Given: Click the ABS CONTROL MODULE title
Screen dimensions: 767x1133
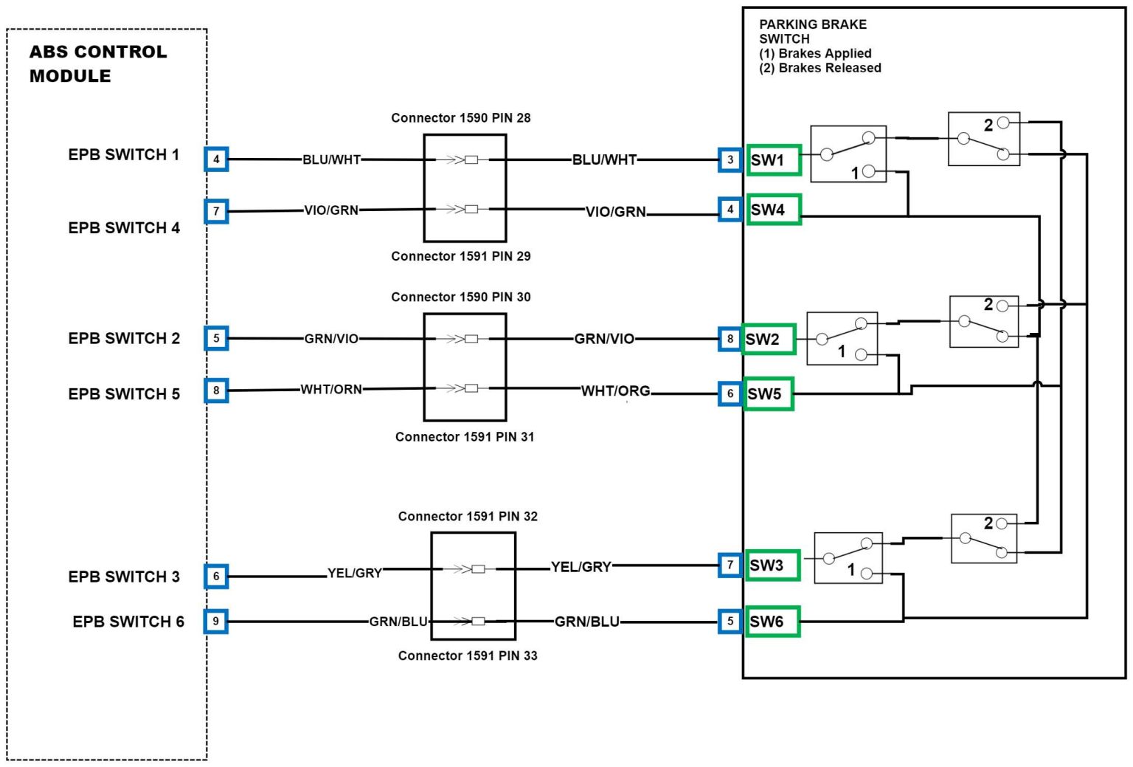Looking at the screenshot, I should click(x=98, y=63).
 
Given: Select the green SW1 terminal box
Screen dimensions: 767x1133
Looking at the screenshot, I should click(x=774, y=160).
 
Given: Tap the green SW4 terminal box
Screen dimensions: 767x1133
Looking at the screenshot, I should click(x=774, y=210).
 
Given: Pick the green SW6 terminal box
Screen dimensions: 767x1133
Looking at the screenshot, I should click(x=772, y=622).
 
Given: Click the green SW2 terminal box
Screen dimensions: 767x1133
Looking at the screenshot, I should click(x=769, y=339).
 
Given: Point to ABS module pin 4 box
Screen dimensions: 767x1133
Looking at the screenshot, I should click(x=216, y=159).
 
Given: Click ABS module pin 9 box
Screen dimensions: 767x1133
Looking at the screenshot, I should click(x=216, y=621).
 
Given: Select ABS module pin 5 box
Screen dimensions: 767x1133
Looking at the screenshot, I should click(x=216, y=338).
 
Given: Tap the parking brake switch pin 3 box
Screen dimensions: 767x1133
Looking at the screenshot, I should click(x=730, y=159).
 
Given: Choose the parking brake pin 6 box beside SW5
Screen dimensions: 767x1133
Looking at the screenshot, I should click(x=730, y=393).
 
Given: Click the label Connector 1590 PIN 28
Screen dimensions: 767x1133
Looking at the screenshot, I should click(x=460, y=118).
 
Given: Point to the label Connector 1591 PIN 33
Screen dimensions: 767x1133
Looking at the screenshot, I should click(x=468, y=656).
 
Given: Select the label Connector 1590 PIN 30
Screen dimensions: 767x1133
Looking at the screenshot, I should click(x=460, y=297).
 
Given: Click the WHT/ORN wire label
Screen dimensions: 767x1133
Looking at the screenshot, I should click(x=331, y=389).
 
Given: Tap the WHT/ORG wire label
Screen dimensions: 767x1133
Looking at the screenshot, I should click(x=616, y=391).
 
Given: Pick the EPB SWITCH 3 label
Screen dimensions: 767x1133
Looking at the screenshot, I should click(x=124, y=577).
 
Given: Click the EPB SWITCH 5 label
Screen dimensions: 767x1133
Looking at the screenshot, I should click(x=124, y=394).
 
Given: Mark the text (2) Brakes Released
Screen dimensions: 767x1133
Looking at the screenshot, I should click(x=820, y=68).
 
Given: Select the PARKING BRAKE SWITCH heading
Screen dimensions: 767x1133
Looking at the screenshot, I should click(x=813, y=31).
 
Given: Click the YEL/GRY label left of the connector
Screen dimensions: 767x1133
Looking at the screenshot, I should click(x=355, y=573).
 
